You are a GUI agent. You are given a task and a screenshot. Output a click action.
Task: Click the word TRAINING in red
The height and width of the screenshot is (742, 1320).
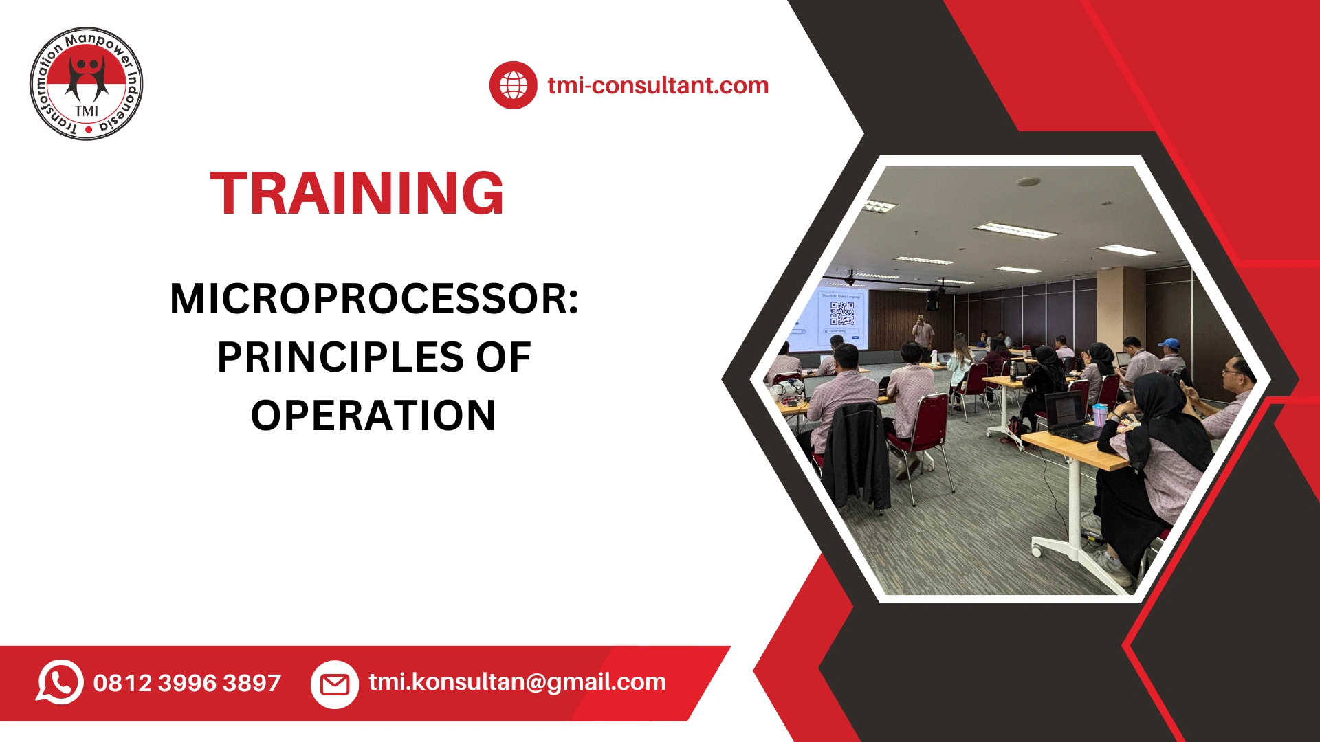(357, 194)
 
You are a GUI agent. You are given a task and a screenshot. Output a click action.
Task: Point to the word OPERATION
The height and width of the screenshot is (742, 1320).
(373, 416)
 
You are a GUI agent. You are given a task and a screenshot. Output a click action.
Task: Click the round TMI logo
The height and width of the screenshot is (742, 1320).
(87, 84)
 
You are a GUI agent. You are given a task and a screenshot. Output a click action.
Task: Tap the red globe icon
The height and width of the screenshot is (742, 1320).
(513, 85)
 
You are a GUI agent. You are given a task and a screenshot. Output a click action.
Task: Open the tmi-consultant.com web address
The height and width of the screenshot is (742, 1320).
(658, 86)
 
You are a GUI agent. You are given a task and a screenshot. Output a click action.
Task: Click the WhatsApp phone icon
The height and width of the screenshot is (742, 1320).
(60, 682)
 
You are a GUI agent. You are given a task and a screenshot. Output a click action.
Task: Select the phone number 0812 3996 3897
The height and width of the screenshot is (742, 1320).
(187, 683)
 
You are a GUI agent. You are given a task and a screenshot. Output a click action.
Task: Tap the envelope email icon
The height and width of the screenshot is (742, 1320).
(335, 684)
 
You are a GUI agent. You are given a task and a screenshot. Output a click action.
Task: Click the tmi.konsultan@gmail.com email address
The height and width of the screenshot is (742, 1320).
(517, 682)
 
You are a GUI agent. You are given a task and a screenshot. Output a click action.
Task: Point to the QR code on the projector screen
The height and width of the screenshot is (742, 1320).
(842, 313)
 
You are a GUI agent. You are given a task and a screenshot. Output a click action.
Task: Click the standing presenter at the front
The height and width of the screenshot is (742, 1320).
(923, 334)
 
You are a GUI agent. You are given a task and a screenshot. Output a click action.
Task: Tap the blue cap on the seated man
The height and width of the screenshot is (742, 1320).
(1169, 343)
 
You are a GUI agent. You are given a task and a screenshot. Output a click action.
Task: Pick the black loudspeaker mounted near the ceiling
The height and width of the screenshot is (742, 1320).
(932, 300)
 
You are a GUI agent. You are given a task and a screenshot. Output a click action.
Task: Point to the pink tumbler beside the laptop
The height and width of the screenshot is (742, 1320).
(1100, 414)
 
